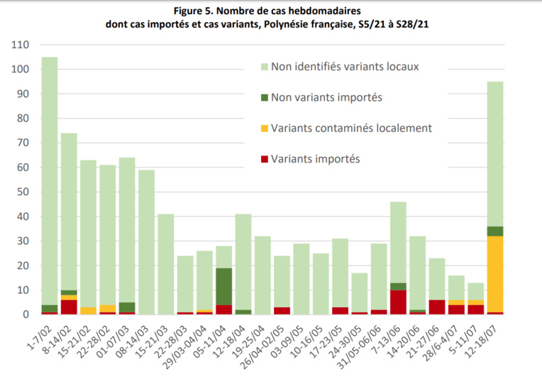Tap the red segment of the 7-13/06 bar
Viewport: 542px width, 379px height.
[398, 302]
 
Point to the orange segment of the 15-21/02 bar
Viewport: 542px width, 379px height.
[88, 311]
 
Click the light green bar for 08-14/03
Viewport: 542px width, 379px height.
[146, 242]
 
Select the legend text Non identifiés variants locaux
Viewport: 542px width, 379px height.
[348, 66]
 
